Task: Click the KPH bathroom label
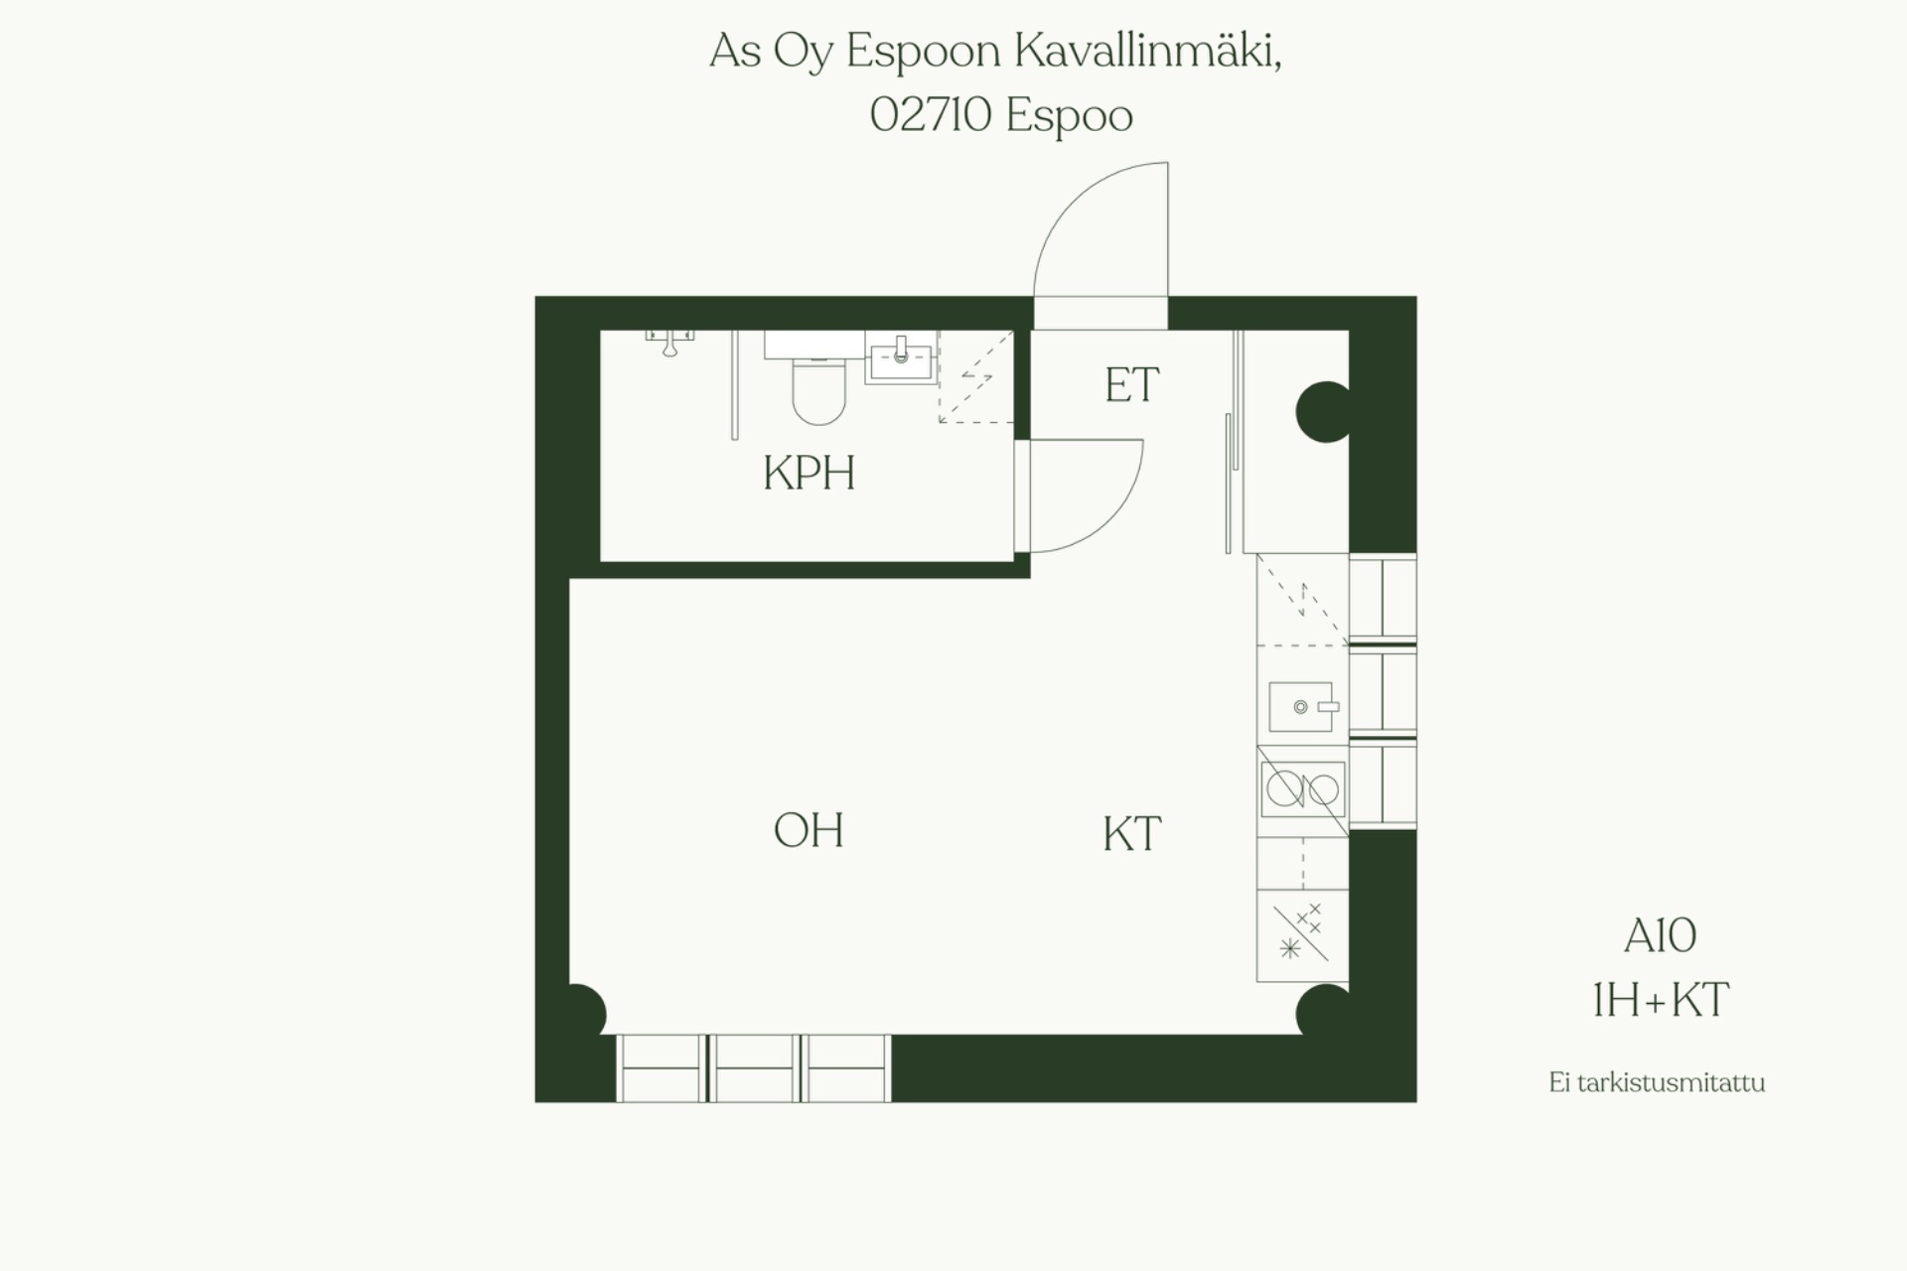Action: tap(808, 473)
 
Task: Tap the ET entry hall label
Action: tap(1131, 385)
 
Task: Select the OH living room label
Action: tap(808, 830)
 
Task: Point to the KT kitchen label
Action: tap(1131, 834)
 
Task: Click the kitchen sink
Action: tap(1301, 706)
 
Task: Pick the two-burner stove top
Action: tap(1302, 790)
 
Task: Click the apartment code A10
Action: tap(1660, 935)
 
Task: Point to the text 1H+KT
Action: tap(1660, 999)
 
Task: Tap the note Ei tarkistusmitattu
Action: tap(1657, 1082)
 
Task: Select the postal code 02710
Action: tap(931, 115)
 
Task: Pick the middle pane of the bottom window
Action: tap(754, 1068)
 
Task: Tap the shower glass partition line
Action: tap(735, 385)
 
